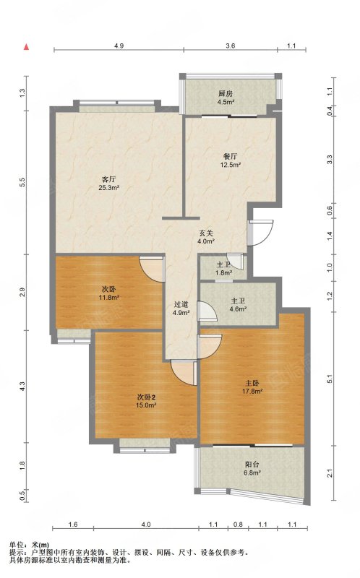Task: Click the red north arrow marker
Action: coord(26,47)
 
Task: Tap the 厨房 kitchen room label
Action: coord(226,94)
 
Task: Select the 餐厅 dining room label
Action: coord(230,157)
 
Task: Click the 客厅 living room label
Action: coord(109,179)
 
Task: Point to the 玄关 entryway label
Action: coord(206,233)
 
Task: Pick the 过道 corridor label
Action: coord(181,304)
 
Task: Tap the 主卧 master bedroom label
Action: coord(252,383)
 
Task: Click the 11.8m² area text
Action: coord(109,297)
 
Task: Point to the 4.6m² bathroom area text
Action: coord(238,309)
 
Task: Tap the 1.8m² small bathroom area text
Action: coord(223,273)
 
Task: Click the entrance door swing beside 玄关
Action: coord(260,233)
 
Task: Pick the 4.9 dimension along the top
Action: coord(119,46)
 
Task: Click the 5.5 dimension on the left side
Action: coord(22,182)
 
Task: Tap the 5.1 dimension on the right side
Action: coord(330,379)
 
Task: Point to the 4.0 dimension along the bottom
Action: coord(146,525)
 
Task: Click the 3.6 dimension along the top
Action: coord(230,46)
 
